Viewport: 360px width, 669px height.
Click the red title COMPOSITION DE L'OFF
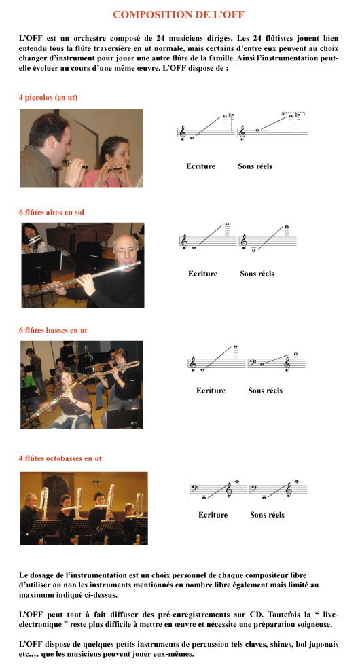pos(179,14)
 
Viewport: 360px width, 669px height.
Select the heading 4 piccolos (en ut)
pos(48,97)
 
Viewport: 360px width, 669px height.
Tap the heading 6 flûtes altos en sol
pos(51,212)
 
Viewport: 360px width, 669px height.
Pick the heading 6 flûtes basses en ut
pos(53,330)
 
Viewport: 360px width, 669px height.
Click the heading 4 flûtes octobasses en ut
pos(60,458)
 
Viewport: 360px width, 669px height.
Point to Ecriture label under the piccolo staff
pos(200,166)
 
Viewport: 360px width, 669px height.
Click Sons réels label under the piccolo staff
pos(255,166)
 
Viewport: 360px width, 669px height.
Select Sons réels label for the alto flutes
pos(257,274)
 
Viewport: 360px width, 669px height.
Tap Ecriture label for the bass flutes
pos(211,391)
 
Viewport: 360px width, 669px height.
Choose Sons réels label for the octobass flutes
pos(268,515)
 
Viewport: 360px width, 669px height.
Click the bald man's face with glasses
pos(126,249)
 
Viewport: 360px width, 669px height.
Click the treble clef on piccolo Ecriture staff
pos(183,132)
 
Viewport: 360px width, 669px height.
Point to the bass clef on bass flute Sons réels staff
pos(253,363)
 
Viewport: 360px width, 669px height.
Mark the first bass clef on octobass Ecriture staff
pos(194,488)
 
